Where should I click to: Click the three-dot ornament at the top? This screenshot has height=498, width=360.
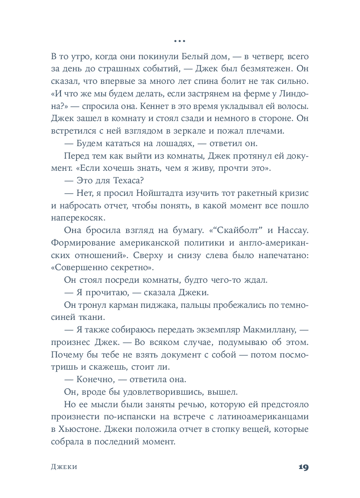pyautogui.click(x=179, y=41)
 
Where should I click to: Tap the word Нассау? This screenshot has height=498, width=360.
pyautogui.click(x=291, y=230)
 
